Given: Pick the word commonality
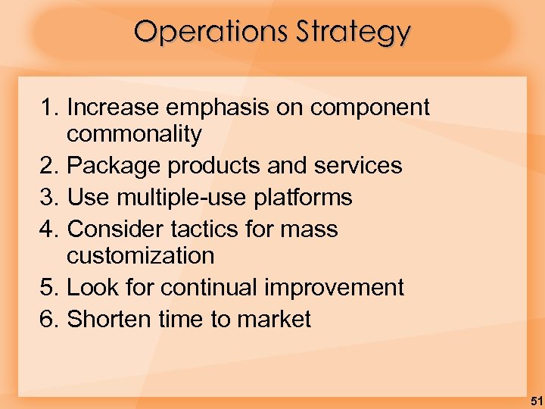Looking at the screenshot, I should click(134, 135).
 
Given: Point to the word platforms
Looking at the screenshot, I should click(304, 198).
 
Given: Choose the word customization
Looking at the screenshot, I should click(140, 256).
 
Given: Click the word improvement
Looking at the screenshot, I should click(335, 289).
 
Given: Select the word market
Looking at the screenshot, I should click(274, 320).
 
